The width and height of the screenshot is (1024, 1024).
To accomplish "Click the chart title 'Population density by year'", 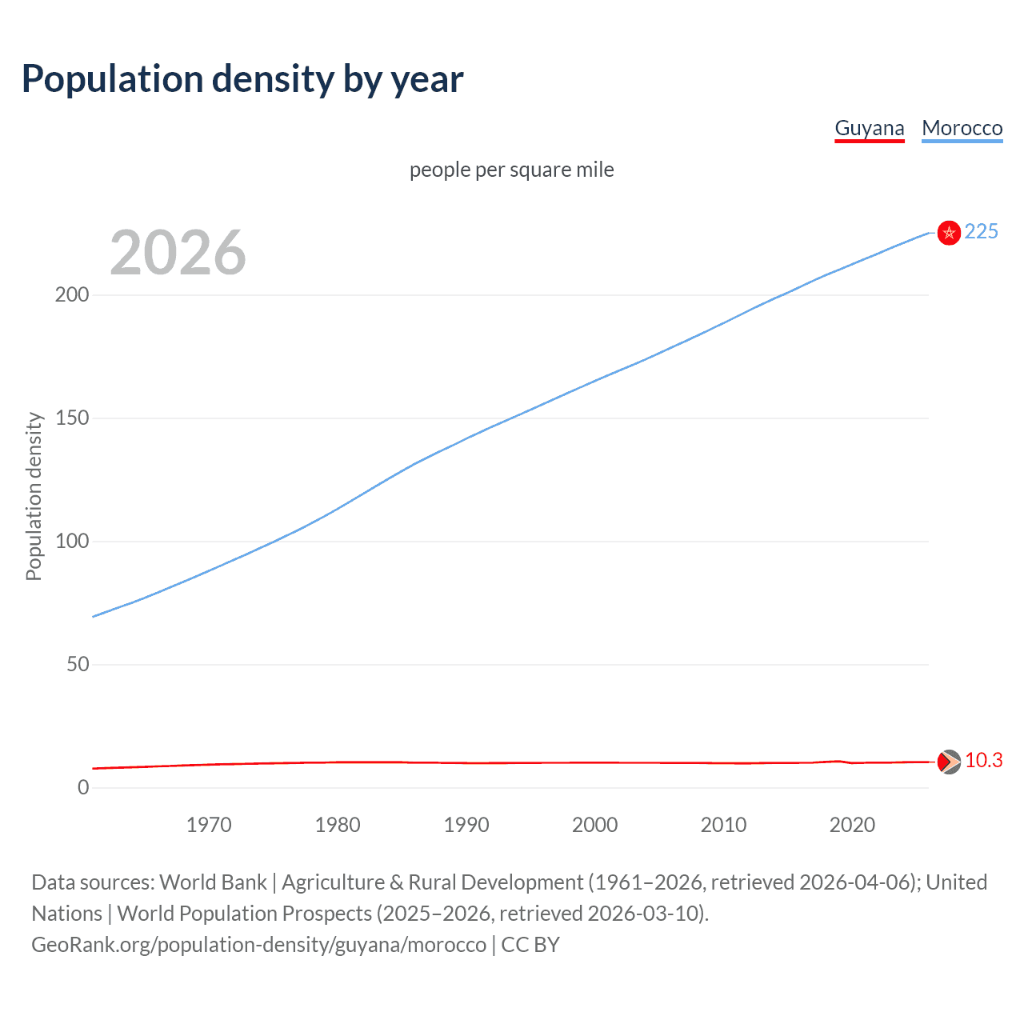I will pyautogui.click(x=242, y=79).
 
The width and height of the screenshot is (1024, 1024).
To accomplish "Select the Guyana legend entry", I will pyautogui.click(x=869, y=128).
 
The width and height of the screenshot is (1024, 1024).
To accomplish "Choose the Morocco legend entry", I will pyautogui.click(x=962, y=128).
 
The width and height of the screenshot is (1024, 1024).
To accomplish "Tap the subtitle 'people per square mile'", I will pyautogui.click(x=511, y=170).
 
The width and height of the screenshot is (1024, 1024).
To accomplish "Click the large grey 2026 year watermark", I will pyautogui.click(x=178, y=253).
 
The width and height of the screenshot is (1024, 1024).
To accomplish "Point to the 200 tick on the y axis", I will pyautogui.click(x=72, y=295).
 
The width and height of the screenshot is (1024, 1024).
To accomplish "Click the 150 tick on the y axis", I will pyautogui.click(x=72, y=418).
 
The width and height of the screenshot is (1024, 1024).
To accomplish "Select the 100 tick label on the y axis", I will pyautogui.click(x=72, y=542).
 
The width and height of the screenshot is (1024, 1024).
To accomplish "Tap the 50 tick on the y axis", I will pyautogui.click(x=78, y=665).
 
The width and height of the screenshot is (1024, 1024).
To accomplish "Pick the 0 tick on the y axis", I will pyautogui.click(x=83, y=788).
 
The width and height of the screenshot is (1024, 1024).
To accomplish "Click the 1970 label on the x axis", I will pyautogui.click(x=209, y=825).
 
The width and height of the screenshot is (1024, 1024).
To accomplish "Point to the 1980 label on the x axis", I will pyautogui.click(x=338, y=825).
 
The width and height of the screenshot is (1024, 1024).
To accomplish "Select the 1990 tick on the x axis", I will pyautogui.click(x=466, y=825).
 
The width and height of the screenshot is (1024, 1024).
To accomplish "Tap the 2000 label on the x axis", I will pyautogui.click(x=594, y=825).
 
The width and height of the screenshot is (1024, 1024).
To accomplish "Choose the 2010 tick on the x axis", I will pyautogui.click(x=723, y=825).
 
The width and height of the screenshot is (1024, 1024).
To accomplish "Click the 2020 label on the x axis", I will pyautogui.click(x=852, y=825).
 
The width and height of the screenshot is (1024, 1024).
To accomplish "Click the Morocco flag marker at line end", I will pyautogui.click(x=949, y=233).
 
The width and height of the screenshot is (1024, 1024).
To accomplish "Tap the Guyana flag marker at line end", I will pyautogui.click(x=949, y=762).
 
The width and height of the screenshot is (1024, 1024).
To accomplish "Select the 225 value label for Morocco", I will pyautogui.click(x=981, y=232).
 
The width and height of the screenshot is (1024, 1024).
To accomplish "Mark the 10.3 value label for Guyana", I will pyautogui.click(x=983, y=761).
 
